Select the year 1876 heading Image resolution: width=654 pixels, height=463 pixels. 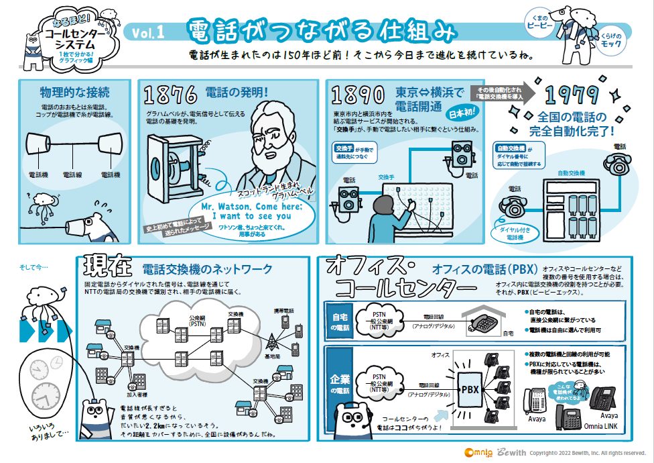[171, 94]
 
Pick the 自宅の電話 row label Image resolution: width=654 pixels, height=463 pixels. [340, 321]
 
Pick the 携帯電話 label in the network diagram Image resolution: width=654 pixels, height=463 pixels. [285, 311]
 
